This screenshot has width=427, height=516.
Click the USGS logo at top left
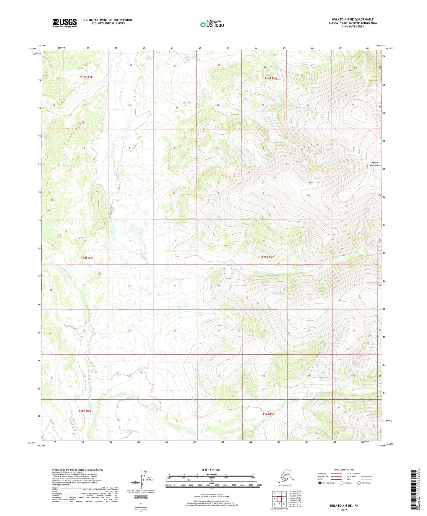64,23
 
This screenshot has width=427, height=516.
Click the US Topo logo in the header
212,24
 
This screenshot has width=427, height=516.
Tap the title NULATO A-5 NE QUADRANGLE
353,20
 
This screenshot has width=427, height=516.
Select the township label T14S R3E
86,77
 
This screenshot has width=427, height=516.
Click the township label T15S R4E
267,257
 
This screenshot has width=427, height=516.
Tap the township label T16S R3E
85,410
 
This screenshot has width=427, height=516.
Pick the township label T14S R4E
270,78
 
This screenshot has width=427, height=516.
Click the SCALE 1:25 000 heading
211,470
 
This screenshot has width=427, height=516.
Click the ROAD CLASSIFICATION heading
344,470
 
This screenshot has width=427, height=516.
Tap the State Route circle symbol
359,483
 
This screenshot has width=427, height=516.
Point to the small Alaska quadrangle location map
285,476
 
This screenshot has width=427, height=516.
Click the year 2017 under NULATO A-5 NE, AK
344,510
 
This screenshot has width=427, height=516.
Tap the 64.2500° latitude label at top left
33,49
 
